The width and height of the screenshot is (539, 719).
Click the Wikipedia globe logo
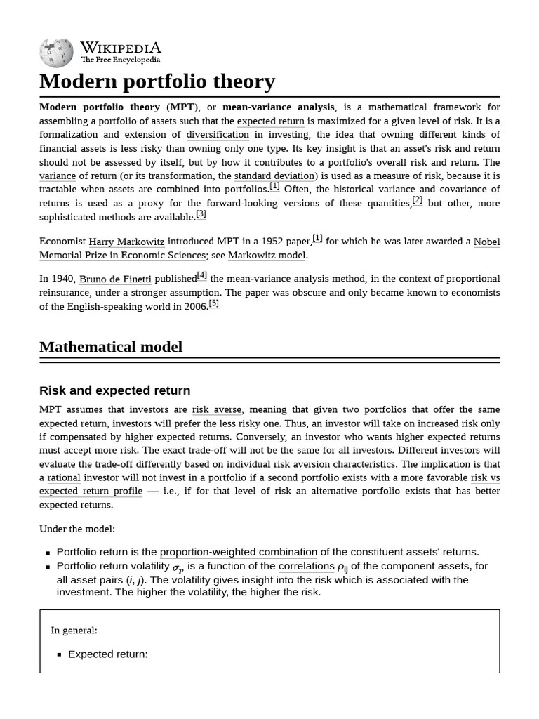(x=56, y=52)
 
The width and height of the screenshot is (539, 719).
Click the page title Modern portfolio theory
(x=157, y=81)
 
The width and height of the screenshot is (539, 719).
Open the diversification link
(x=218, y=134)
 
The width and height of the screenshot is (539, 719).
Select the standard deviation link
(x=274, y=176)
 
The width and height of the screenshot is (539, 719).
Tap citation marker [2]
(x=418, y=200)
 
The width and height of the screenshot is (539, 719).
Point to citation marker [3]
(x=201, y=214)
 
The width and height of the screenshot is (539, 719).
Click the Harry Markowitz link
(x=126, y=242)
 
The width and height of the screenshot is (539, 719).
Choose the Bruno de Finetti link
(x=115, y=279)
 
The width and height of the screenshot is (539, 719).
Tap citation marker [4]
(x=202, y=276)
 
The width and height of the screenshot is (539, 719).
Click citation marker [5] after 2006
(x=214, y=303)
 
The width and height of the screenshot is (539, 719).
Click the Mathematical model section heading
(x=111, y=347)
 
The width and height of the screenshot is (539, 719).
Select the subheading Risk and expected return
(x=114, y=390)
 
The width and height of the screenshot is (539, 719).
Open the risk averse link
(x=217, y=409)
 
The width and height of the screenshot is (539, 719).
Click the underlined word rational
(x=64, y=477)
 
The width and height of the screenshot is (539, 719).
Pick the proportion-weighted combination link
(x=239, y=552)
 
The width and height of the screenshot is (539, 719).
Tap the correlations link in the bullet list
(x=306, y=566)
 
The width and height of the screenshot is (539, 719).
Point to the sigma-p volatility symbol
(x=178, y=567)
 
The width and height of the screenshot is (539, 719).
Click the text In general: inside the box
(x=74, y=631)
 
